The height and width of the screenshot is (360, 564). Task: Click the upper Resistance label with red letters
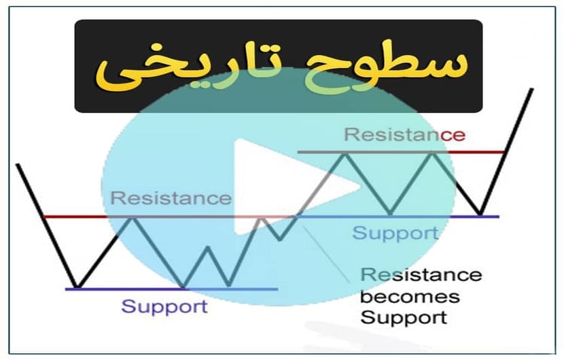(405, 134)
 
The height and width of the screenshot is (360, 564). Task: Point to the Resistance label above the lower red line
(171, 198)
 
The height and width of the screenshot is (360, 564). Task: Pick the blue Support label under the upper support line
(395, 233)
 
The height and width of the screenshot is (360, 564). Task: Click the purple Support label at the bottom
(164, 307)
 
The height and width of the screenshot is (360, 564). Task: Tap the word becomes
(410, 297)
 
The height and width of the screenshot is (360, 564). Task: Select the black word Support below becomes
(404, 318)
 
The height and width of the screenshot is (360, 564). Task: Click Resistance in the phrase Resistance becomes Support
(421, 275)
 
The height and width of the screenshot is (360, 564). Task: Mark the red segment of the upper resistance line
(476, 152)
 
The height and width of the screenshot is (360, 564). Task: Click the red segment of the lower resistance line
(75, 217)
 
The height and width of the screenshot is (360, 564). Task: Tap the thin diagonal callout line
(326, 254)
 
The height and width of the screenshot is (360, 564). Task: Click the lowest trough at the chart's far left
(77, 287)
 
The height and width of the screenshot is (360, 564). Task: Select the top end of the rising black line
(532, 89)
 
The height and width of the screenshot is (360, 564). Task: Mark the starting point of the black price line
(17, 164)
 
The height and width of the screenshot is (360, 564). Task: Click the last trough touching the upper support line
(480, 215)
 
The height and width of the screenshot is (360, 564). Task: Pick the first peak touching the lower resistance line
(133, 218)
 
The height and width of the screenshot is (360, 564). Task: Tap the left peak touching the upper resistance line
(345, 154)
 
